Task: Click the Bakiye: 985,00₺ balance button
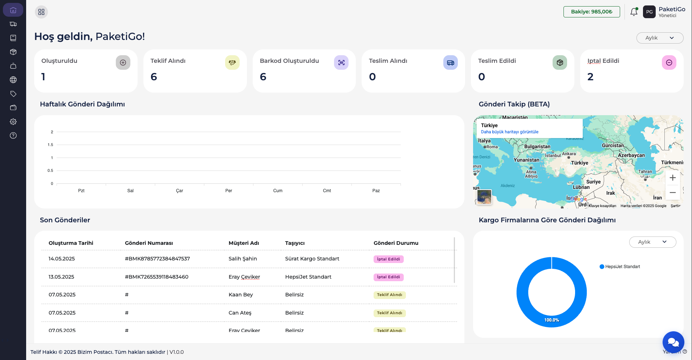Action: click(x=591, y=12)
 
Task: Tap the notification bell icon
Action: click(x=634, y=12)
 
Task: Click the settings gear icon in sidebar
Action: click(x=13, y=122)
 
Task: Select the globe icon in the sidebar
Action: click(x=13, y=80)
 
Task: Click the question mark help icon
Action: click(x=13, y=135)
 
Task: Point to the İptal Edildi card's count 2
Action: click(x=590, y=77)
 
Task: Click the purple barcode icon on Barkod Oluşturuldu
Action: click(x=341, y=62)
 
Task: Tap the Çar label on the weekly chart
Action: click(x=179, y=191)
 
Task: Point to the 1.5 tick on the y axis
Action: click(x=50, y=145)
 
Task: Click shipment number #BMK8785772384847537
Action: click(x=157, y=259)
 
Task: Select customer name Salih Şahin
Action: click(x=243, y=259)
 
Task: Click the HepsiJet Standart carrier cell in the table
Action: click(x=308, y=277)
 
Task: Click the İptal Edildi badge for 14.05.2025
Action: click(x=388, y=259)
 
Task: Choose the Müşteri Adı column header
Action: click(x=244, y=243)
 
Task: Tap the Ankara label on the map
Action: click(x=569, y=154)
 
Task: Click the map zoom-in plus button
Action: click(x=672, y=178)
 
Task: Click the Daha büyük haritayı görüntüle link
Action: click(x=509, y=132)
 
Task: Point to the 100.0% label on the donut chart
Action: click(x=551, y=320)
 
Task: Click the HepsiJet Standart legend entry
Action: click(x=622, y=267)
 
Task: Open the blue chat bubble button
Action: click(x=673, y=342)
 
